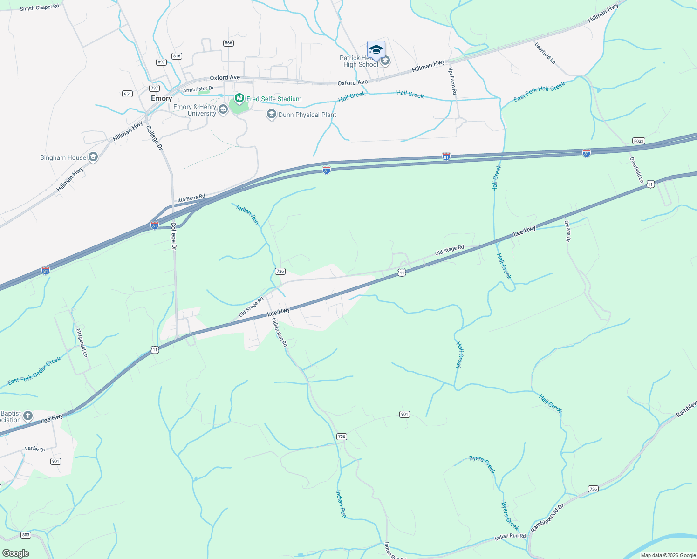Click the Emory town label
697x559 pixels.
161,99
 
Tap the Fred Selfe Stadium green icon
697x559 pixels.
239,98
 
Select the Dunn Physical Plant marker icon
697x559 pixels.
271,115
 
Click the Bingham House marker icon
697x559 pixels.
93,157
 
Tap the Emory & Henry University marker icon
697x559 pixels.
223,109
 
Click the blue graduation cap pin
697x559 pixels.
376,50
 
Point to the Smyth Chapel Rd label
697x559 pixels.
40,7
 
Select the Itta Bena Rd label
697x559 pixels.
191,198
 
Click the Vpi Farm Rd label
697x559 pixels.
452,81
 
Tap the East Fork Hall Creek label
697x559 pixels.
539,92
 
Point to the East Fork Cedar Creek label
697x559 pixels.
34,371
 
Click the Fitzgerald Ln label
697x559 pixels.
82,343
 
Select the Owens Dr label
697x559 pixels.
567,231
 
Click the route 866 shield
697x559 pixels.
228,43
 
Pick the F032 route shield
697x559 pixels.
638,141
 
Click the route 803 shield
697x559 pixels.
26,535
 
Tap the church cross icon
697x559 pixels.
28,416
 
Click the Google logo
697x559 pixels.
16,553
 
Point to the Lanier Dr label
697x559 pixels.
35,449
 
